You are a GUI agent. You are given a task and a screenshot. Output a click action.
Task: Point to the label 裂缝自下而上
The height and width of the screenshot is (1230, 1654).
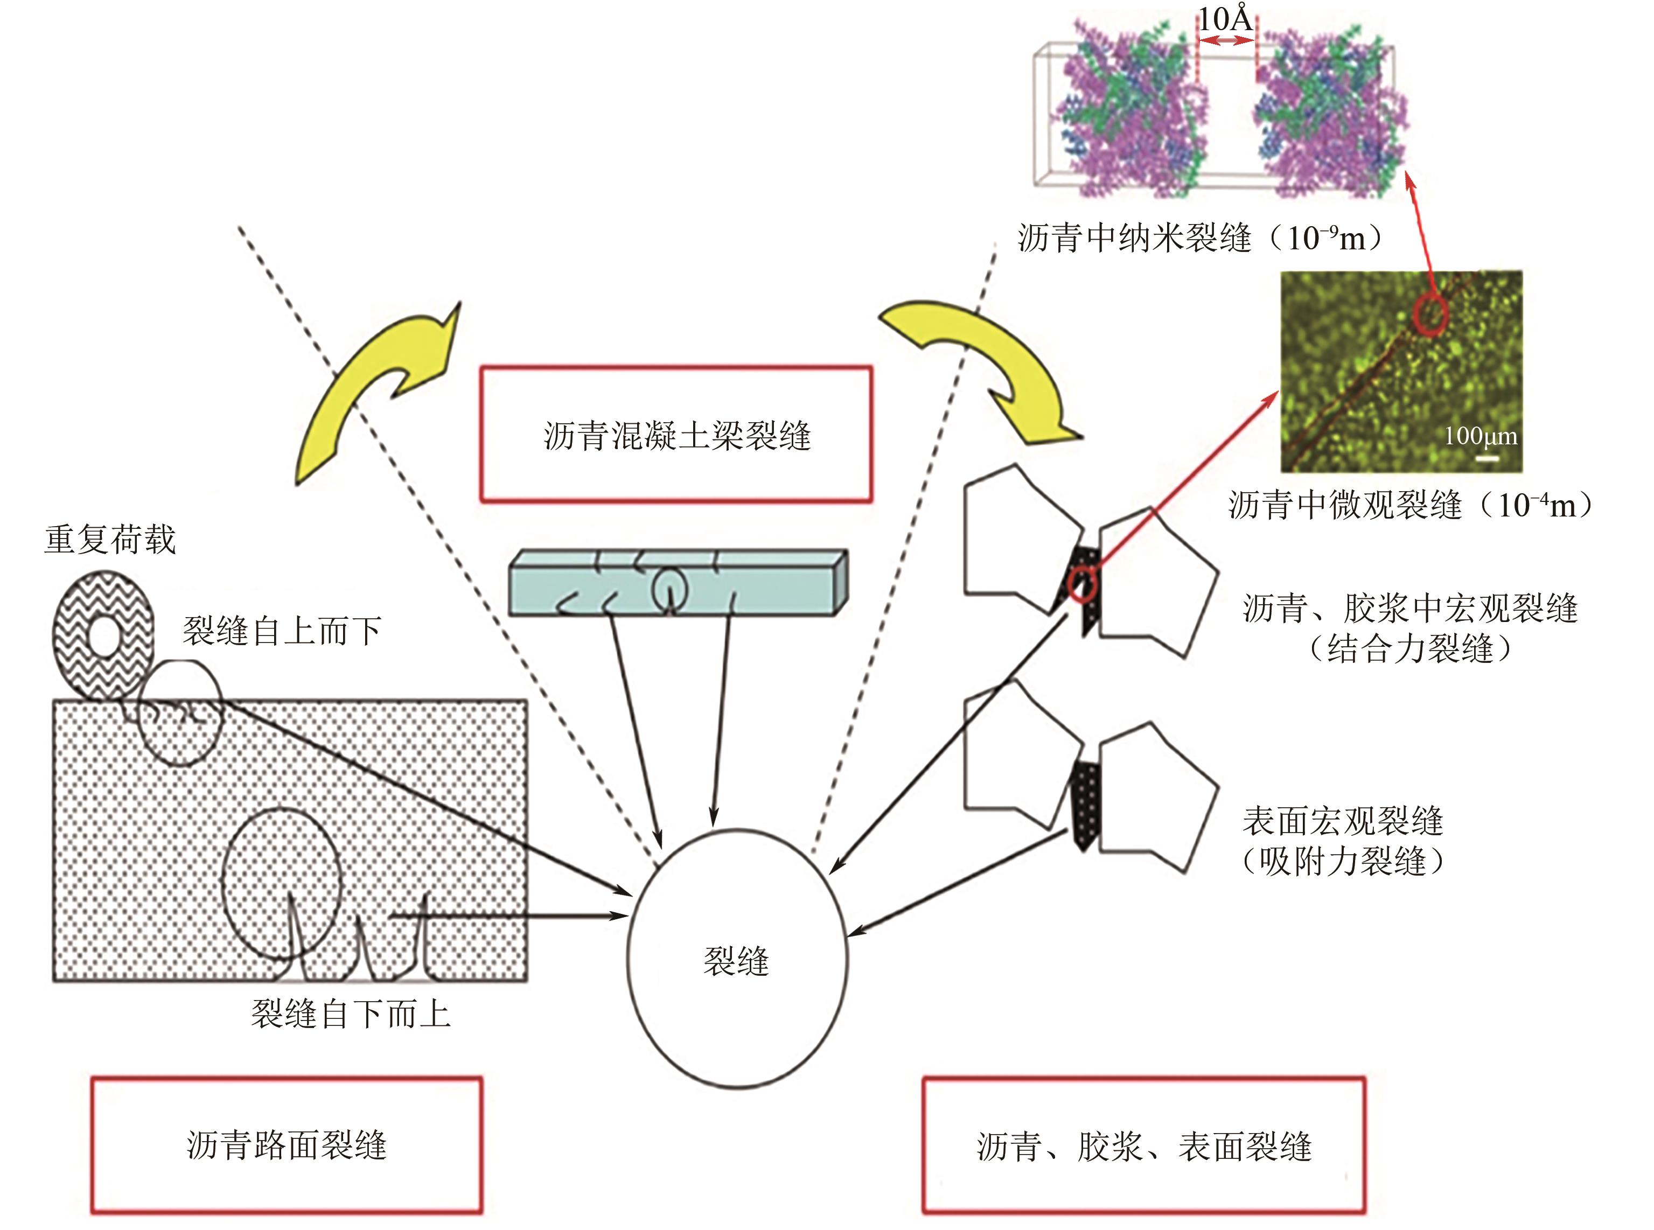pyautogui.click(x=350, y=1014)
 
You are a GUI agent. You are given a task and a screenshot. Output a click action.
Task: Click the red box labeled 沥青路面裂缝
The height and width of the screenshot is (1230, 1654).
pyautogui.click(x=287, y=1145)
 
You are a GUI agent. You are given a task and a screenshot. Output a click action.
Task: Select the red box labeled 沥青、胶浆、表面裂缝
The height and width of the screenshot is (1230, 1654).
pyautogui.click(x=1144, y=1145)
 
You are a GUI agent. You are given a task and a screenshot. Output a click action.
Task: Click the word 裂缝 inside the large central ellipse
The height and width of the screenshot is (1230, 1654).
pyautogui.click(x=736, y=961)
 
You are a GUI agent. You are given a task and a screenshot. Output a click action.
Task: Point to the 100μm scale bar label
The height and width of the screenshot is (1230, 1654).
pyautogui.click(x=1481, y=436)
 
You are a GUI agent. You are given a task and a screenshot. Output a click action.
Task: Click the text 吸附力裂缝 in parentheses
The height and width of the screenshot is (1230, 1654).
pyautogui.click(x=1343, y=862)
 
